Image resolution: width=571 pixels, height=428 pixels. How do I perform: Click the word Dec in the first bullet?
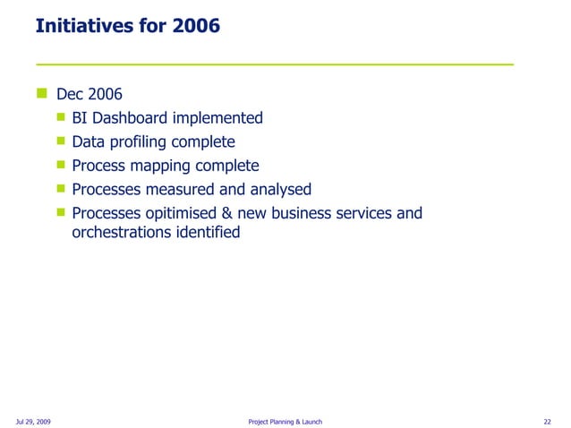(x=71, y=94)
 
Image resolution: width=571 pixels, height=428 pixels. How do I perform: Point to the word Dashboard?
(x=132, y=118)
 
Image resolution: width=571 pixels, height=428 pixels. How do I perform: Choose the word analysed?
(x=277, y=189)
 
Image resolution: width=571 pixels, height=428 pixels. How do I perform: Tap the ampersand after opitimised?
(x=234, y=213)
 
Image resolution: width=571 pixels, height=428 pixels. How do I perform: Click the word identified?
(x=209, y=232)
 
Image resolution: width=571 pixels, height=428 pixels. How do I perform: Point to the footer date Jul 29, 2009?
(x=33, y=421)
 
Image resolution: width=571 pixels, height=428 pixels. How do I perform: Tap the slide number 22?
(x=547, y=421)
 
